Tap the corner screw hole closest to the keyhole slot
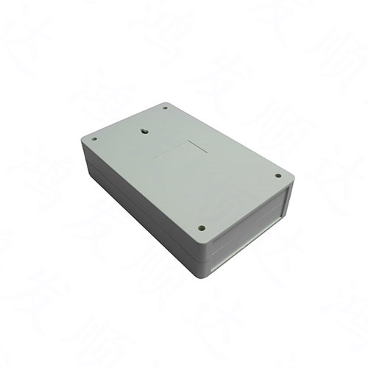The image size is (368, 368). [x=165, y=107]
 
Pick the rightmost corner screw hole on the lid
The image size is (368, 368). [x=277, y=176]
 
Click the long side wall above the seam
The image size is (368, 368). [x=140, y=202]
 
